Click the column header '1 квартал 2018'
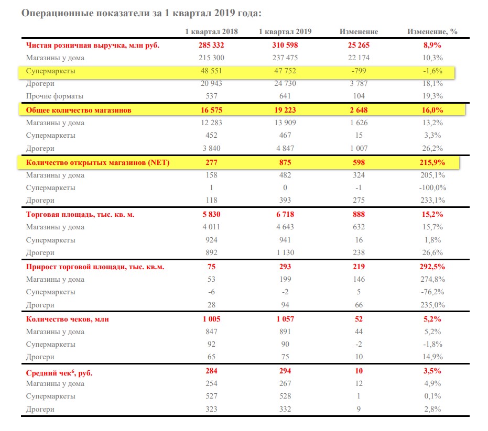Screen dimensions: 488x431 [x=211, y=32]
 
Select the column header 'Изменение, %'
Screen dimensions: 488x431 [x=432, y=32]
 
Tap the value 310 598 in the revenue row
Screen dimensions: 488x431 [x=285, y=45]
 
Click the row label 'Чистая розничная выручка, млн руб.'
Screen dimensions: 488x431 [x=93, y=46]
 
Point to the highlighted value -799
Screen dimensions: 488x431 [x=359, y=71]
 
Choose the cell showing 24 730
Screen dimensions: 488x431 [x=285, y=83]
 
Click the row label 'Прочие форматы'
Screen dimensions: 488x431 [x=55, y=96]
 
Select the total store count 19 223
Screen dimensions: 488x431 [x=285, y=110]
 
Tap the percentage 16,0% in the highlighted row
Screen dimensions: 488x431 [x=432, y=110]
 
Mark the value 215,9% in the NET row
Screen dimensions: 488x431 [x=432, y=162]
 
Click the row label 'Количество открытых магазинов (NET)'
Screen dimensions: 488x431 [x=97, y=162]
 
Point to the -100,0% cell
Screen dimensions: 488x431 [x=432, y=188]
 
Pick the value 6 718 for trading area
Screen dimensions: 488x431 [x=285, y=214]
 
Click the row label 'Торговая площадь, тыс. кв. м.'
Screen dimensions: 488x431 [x=80, y=215]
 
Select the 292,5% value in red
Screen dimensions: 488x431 [x=432, y=267]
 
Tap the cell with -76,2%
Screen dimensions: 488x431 [x=432, y=292]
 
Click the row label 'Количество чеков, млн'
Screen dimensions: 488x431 [x=68, y=319]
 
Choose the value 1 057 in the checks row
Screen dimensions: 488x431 [x=285, y=319]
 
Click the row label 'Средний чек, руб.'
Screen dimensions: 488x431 [x=59, y=372]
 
